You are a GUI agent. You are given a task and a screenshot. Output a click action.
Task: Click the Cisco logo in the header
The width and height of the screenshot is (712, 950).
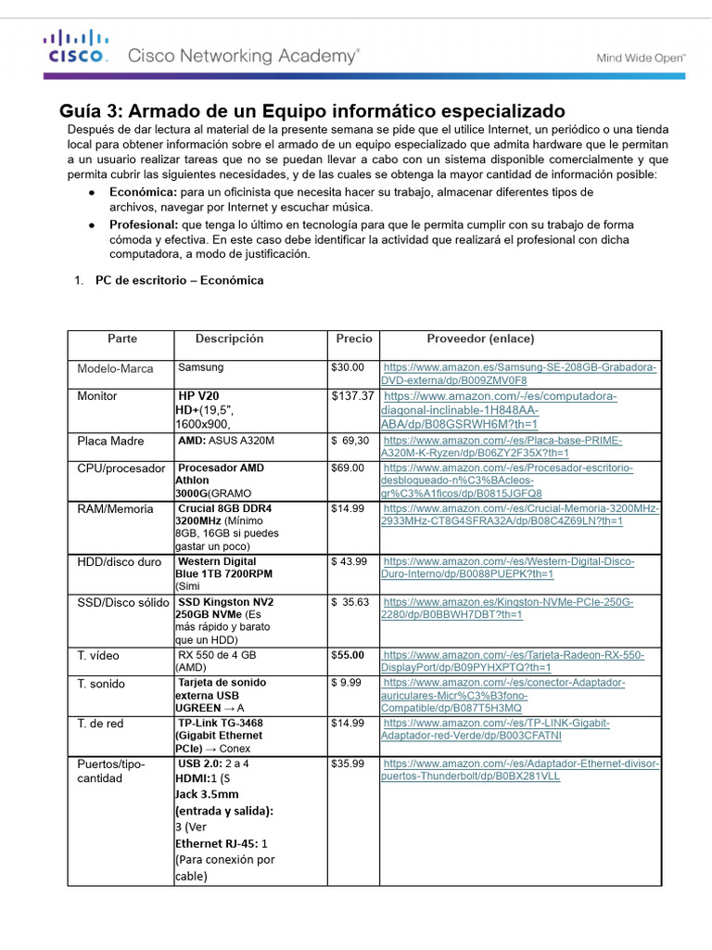point(77,46)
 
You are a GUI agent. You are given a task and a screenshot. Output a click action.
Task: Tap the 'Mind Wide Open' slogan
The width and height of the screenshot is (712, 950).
point(640,58)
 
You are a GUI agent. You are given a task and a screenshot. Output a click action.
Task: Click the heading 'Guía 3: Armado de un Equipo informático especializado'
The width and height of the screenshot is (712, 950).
point(312,111)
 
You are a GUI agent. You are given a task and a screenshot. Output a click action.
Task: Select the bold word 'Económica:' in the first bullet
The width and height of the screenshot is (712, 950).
point(143,191)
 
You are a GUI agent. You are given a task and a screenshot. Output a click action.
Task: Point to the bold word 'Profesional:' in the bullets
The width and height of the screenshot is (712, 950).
point(144,225)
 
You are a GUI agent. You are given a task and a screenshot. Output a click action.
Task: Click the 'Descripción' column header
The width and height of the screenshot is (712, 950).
point(229,339)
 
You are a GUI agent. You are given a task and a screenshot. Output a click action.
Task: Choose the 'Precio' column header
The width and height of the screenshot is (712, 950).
point(354,339)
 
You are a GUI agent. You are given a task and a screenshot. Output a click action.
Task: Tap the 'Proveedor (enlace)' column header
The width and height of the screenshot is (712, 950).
point(480,339)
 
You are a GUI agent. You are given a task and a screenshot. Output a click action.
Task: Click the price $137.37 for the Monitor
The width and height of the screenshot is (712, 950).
point(352,396)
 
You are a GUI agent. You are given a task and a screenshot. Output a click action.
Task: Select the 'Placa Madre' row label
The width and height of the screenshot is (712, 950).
point(110,442)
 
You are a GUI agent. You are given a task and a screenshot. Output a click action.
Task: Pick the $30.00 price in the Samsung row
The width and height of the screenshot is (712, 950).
point(348,368)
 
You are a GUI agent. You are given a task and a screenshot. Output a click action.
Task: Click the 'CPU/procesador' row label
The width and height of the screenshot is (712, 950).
point(121,469)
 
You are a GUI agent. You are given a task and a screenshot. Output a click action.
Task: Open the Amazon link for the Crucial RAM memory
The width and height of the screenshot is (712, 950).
point(520,515)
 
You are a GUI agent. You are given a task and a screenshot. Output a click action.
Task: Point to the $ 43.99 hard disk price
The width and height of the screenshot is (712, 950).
point(350,561)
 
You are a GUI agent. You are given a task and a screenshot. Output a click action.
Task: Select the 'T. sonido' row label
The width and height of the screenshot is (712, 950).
point(101,684)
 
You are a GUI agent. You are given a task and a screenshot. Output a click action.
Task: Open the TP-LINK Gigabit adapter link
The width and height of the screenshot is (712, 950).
point(519,729)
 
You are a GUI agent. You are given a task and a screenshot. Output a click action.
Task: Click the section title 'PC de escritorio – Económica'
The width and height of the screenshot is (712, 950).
point(179,280)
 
